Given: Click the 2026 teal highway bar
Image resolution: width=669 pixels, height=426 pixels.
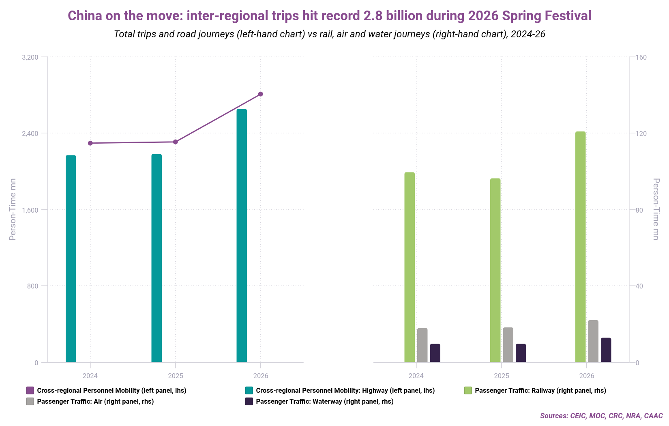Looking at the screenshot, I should (x=242, y=235).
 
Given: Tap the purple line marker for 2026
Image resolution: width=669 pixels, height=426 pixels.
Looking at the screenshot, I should (x=261, y=94).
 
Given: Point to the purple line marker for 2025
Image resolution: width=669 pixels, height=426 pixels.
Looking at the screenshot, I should (x=175, y=142).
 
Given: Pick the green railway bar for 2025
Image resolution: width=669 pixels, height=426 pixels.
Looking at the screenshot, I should (x=495, y=270).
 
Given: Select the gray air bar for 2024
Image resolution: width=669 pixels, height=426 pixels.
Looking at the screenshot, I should (x=422, y=345).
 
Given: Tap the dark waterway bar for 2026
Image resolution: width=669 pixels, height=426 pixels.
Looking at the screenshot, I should (x=606, y=350).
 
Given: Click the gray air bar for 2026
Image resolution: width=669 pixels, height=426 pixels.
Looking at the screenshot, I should (x=593, y=341).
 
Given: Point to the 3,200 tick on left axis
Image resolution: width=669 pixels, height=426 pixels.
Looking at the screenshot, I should (x=30, y=58).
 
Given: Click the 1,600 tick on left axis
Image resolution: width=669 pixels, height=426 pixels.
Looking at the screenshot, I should (x=30, y=210).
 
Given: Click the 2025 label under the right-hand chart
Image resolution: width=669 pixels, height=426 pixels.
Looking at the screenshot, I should (x=502, y=376).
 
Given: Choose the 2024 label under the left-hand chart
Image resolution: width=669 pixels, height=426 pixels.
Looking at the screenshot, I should (x=90, y=376).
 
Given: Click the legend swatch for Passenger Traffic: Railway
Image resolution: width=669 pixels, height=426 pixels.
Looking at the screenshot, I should (x=468, y=391).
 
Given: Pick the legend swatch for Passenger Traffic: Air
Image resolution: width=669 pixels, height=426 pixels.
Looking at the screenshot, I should (x=30, y=402).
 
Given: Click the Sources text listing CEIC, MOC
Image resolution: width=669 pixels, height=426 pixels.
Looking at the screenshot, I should (x=601, y=416).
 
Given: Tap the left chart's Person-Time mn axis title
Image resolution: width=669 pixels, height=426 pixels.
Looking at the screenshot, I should (x=13, y=209).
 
